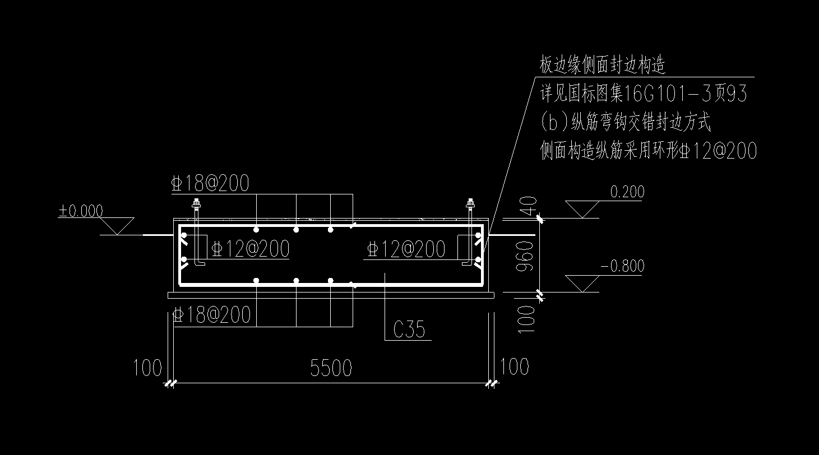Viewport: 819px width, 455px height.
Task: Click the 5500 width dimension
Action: click(x=331, y=368)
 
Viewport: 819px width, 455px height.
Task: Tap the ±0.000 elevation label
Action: click(x=81, y=211)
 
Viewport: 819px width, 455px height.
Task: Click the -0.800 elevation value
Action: click(x=622, y=266)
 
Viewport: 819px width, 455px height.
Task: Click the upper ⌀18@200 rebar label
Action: click(x=211, y=184)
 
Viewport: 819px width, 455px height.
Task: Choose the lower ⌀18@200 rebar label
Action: click(x=212, y=315)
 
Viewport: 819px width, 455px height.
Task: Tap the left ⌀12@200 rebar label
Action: click(x=251, y=249)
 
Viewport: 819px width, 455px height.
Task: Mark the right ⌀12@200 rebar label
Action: click(x=406, y=249)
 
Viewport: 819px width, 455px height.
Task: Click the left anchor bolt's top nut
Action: click(x=196, y=202)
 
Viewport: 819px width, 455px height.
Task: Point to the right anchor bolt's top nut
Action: click(x=470, y=202)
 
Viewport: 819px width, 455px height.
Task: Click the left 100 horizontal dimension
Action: click(x=147, y=368)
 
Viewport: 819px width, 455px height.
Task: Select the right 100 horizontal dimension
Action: click(x=514, y=367)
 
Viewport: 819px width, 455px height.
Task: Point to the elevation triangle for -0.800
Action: click(x=583, y=283)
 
